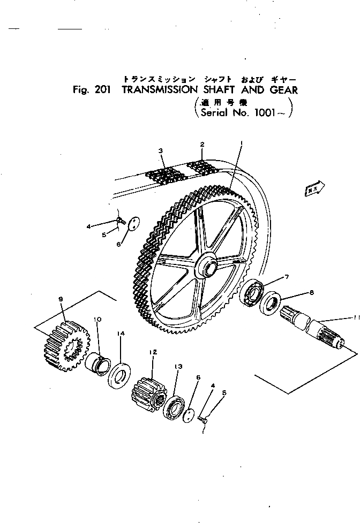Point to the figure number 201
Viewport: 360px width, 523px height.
tap(101, 90)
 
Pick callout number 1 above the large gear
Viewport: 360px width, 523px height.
tap(242, 143)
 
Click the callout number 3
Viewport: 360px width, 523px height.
tap(161, 151)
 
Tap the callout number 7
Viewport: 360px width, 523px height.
tap(287, 277)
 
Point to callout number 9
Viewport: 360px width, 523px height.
tap(61, 298)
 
